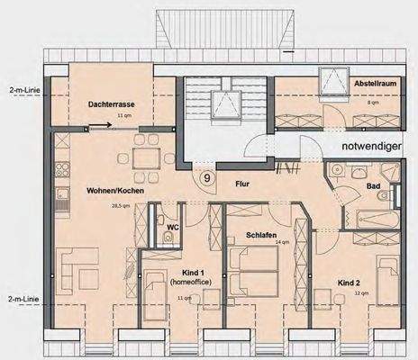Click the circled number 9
[208, 178]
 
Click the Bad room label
[373, 186]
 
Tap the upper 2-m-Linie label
[20, 91]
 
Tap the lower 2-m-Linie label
[20, 298]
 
